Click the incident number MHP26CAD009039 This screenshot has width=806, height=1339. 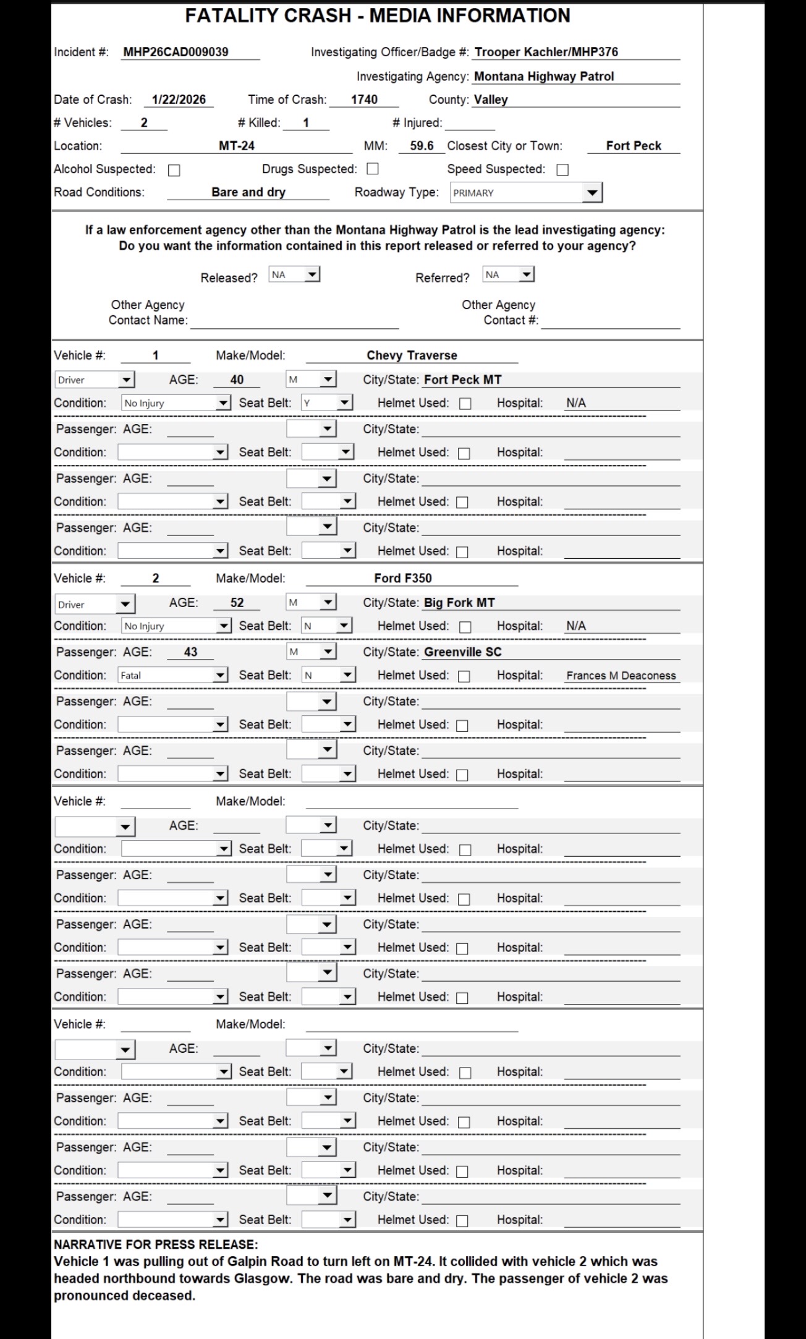click(x=176, y=52)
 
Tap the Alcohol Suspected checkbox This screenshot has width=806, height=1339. click(x=174, y=170)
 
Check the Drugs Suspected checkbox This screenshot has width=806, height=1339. click(x=373, y=169)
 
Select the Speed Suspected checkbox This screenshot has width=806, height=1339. click(x=562, y=169)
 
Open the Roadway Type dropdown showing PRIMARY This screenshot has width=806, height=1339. click(x=525, y=193)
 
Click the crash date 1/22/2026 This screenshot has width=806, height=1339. click(x=179, y=100)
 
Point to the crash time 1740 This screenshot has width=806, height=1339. click(x=364, y=100)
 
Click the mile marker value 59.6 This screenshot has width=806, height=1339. click(x=422, y=146)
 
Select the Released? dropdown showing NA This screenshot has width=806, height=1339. click(x=294, y=274)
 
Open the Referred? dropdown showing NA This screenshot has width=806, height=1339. click(x=508, y=274)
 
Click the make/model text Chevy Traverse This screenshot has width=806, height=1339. click(x=412, y=355)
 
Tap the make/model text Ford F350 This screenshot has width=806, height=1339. click(x=403, y=578)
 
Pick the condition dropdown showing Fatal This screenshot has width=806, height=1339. click(x=174, y=675)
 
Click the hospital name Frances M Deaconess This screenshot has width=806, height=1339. click(x=621, y=676)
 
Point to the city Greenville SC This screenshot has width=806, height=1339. click(x=462, y=652)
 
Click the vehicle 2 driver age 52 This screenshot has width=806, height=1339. click(x=237, y=603)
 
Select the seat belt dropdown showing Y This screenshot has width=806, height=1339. click(x=326, y=403)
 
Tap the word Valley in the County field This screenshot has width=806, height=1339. click(x=491, y=100)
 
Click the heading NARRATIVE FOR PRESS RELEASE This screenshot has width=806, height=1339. click(x=156, y=1244)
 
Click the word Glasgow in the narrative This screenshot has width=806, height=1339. click(x=261, y=1278)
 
